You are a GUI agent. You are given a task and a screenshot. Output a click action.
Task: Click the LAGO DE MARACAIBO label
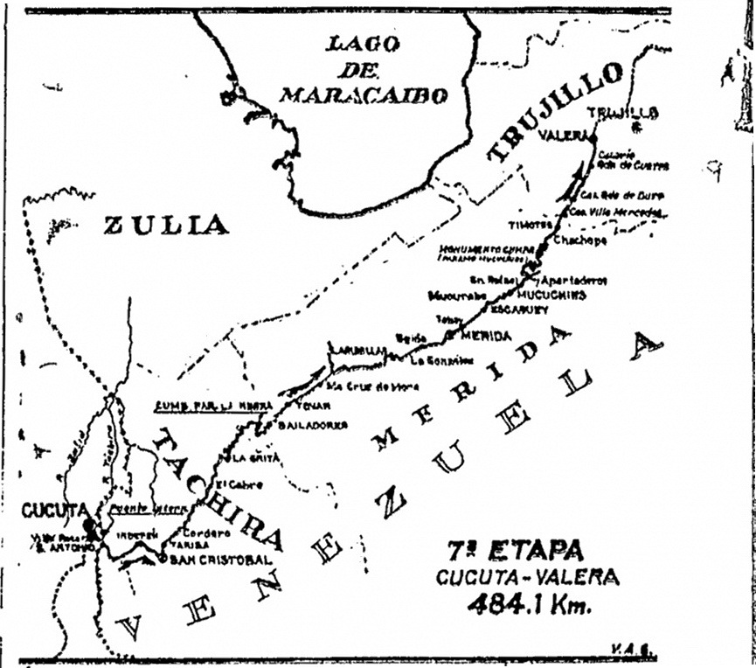pos(363,70)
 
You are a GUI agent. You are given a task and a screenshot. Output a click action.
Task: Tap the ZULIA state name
pos(166,226)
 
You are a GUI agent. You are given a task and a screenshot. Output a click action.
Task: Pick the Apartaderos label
pos(574,281)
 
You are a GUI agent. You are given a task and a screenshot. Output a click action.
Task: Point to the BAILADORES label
pos(314,425)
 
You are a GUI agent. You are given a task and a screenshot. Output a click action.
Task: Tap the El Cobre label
pos(235,484)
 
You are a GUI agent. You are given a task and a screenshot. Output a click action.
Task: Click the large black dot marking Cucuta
pos(90,526)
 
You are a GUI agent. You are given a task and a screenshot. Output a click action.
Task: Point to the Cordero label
pos(207,532)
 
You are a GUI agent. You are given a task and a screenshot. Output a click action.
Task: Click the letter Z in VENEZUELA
pos(391,503)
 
